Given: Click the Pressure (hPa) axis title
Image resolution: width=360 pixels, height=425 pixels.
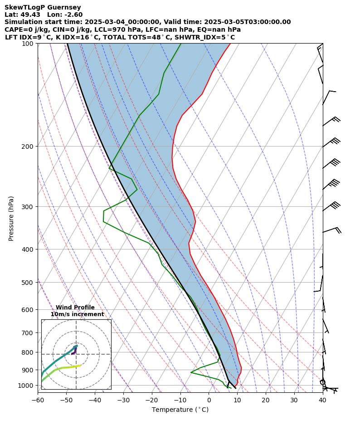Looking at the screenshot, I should pyautogui.click(x=11, y=218).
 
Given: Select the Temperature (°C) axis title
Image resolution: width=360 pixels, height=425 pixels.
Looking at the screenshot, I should pyautogui.click(x=180, y=410).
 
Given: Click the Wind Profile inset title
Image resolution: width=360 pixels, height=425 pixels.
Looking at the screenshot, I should pyautogui.click(x=75, y=308).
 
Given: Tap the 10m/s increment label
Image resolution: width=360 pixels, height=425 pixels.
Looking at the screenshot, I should pyautogui.click(x=77, y=314).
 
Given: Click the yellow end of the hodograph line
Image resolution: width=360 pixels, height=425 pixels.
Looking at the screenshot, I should pyautogui.click(x=79, y=366).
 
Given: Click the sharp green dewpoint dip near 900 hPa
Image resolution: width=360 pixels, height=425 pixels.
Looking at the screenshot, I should pyautogui.click(x=191, y=372).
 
